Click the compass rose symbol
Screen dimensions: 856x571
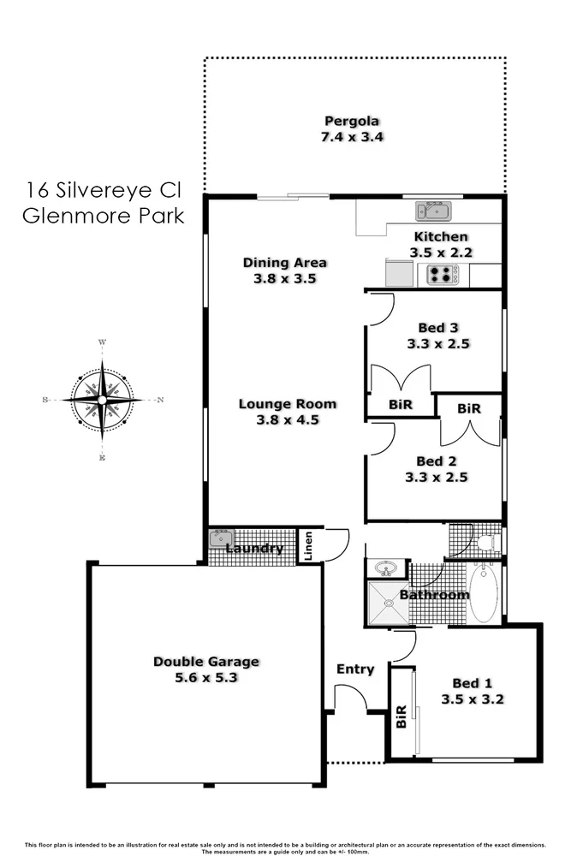[x=103, y=399]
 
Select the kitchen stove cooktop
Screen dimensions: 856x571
[x=442, y=275]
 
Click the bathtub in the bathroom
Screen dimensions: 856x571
[x=483, y=592]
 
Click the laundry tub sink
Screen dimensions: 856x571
[x=221, y=538]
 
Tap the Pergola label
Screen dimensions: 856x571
[x=352, y=121]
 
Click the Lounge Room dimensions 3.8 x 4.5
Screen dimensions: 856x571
[x=288, y=419]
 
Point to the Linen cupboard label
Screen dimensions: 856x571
[x=308, y=548]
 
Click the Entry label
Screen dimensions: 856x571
[x=355, y=669]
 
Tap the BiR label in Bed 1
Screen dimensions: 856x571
[x=401, y=717]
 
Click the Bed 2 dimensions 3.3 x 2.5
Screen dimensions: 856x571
[x=437, y=478]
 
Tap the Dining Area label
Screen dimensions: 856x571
[x=285, y=263]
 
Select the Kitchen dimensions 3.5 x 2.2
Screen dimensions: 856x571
[x=442, y=252]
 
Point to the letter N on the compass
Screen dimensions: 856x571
[x=160, y=400]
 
